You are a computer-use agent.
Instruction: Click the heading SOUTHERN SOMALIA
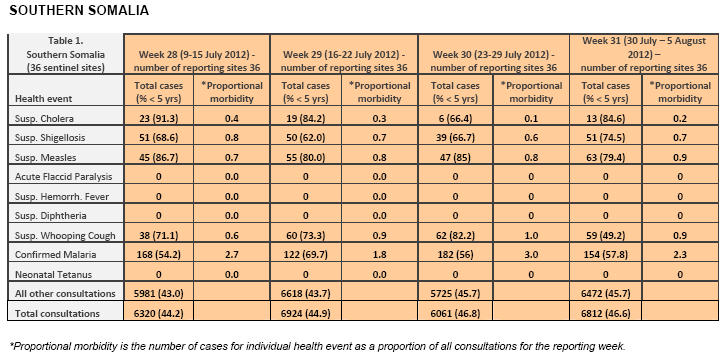click(x=79, y=10)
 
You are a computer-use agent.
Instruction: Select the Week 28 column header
click(x=197, y=61)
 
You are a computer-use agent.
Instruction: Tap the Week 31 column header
click(x=644, y=54)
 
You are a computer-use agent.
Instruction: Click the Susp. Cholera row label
click(x=44, y=118)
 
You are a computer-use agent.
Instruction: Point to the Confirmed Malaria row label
click(x=55, y=255)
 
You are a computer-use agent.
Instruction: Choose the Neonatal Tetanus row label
click(x=53, y=275)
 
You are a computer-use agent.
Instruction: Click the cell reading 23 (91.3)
click(x=159, y=118)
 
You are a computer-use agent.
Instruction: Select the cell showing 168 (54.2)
click(x=159, y=255)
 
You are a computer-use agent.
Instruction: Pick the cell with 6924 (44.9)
click(x=306, y=313)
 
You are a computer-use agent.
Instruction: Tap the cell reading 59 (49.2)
click(x=605, y=235)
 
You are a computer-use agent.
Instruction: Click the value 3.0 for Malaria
click(x=531, y=255)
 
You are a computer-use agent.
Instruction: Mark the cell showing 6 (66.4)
click(x=455, y=118)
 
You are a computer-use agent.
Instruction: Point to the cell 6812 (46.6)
click(x=606, y=313)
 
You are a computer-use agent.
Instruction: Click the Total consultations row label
click(x=57, y=313)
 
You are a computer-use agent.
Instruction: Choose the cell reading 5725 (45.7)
click(x=455, y=293)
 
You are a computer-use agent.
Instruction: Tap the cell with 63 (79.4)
click(x=605, y=157)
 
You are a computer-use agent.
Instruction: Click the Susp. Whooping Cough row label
click(x=65, y=235)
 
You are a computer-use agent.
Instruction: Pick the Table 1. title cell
click(x=66, y=54)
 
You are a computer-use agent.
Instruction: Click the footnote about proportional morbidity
click(x=317, y=346)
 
